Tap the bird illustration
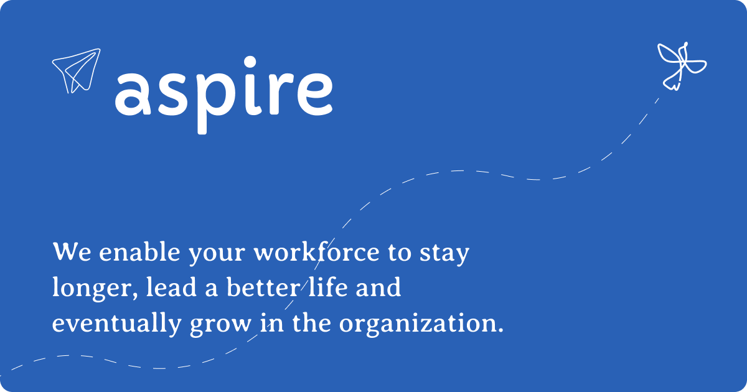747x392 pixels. coord(682,65)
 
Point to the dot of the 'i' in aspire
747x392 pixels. coord(250,62)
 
